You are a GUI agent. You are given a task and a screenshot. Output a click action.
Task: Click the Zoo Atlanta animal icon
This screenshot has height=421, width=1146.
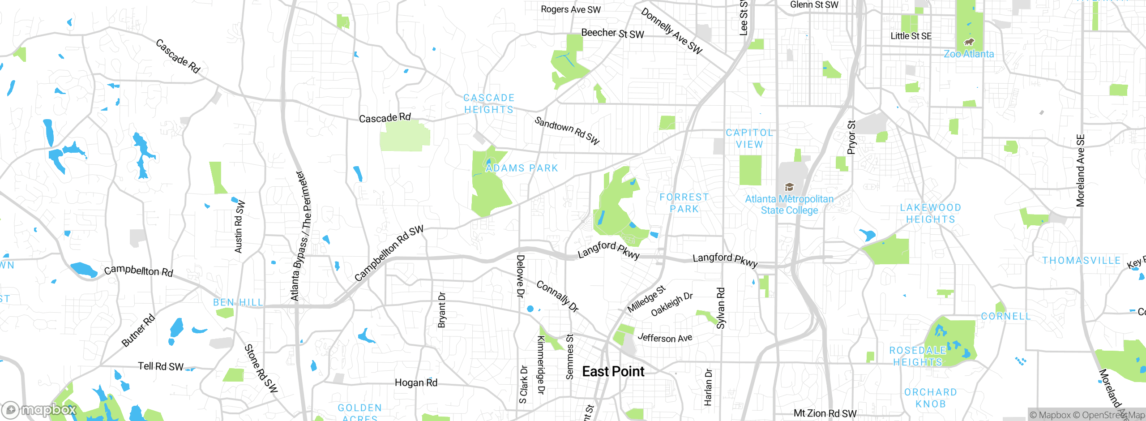click(x=969, y=42)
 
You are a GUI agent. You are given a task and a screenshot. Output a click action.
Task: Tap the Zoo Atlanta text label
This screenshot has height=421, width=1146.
click(x=969, y=54)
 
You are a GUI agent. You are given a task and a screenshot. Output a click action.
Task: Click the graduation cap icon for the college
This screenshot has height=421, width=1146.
click(x=789, y=187)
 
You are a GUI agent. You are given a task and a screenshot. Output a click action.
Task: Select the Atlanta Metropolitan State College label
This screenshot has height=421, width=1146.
click(x=789, y=205)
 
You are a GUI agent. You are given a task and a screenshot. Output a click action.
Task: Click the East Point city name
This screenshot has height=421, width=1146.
click(x=613, y=372)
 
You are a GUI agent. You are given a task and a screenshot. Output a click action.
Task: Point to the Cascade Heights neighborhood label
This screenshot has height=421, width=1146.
click(x=489, y=104)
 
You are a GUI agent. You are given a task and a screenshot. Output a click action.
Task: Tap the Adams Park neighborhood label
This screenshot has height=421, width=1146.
click(x=522, y=168)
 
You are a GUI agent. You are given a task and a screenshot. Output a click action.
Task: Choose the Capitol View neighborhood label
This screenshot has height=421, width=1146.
click(x=749, y=139)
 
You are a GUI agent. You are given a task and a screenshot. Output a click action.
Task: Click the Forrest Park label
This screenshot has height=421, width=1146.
click(x=684, y=203)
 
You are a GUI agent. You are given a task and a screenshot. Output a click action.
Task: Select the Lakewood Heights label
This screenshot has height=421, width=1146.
click(x=931, y=214)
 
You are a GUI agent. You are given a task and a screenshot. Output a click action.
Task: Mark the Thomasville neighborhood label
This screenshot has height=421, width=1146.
click(x=1081, y=261)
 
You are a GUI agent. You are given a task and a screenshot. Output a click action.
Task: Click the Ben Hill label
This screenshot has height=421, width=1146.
click(x=238, y=303)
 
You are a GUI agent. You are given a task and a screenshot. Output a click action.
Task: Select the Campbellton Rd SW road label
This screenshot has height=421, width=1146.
click(x=389, y=253)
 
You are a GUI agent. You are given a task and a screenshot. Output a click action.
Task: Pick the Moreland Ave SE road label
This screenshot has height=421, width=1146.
click(x=1081, y=171)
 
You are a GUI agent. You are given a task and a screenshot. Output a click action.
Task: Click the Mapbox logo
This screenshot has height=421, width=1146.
click(x=39, y=410)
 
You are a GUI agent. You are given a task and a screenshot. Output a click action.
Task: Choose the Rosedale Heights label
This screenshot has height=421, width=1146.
click(x=918, y=357)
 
